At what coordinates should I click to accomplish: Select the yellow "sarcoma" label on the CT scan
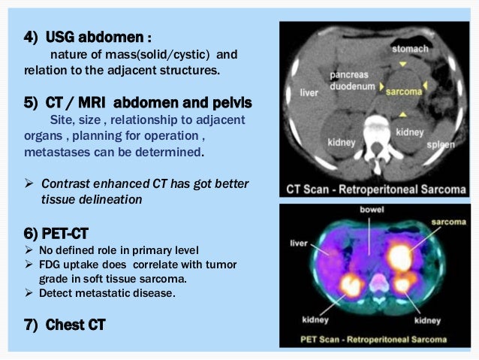click(x=403, y=91)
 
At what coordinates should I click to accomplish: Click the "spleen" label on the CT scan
click(x=441, y=143)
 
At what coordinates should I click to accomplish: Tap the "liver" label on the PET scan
click(x=300, y=242)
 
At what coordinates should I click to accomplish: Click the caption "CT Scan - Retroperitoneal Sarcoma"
click(x=375, y=188)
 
